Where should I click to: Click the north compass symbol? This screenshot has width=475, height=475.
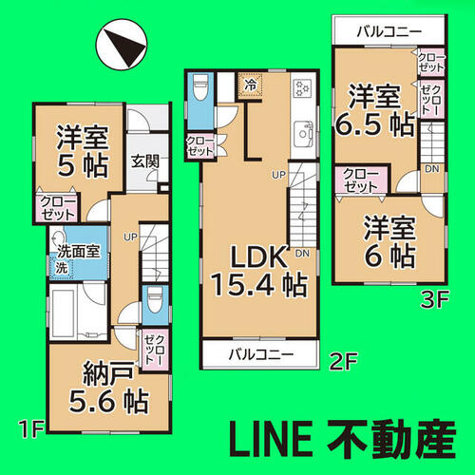tap(122, 44)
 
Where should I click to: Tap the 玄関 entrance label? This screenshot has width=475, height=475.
tap(145, 161)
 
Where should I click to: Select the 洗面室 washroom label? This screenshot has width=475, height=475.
tap(78, 252)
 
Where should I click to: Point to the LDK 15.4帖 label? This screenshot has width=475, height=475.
tap(259, 271)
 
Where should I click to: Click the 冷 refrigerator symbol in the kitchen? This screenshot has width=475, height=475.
tap(250, 85)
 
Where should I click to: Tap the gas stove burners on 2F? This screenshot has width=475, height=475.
tap(303, 87)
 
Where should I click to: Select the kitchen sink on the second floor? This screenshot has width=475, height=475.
tap(303, 134)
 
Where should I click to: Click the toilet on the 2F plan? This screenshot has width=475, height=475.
tap(199, 86)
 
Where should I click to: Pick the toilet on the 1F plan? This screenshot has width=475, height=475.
tap(155, 299)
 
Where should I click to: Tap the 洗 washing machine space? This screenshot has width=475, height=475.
tap(62, 268)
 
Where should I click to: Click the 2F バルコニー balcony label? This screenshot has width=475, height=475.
tap(261, 354)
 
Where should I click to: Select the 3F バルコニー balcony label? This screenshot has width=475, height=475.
tap(389, 31)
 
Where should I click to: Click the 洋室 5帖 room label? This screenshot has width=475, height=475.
tap(83, 151)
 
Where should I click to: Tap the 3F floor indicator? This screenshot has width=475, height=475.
tap(434, 299)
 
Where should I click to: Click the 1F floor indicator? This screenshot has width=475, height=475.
tap(31, 429)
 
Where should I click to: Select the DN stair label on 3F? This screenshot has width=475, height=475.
tap(432, 169)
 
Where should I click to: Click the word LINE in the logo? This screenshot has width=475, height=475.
tap(271, 440)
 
